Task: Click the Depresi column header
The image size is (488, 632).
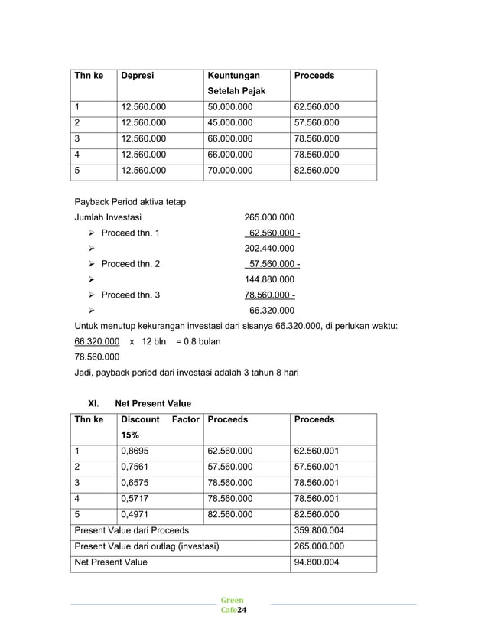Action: (x=138, y=76)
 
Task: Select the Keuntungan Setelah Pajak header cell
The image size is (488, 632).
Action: (x=236, y=83)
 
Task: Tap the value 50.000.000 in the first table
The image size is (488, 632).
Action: (x=230, y=107)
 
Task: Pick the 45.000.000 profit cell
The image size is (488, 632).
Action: (x=230, y=123)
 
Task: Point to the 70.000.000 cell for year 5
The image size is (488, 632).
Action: (x=230, y=171)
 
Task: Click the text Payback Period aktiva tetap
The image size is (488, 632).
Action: (x=130, y=202)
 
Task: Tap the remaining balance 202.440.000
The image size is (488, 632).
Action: (x=268, y=249)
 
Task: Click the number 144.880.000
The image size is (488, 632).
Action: (x=268, y=279)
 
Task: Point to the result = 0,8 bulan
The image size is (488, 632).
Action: (x=198, y=341)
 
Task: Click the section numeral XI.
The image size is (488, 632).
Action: (x=96, y=403)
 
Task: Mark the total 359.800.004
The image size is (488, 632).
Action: (x=319, y=530)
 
